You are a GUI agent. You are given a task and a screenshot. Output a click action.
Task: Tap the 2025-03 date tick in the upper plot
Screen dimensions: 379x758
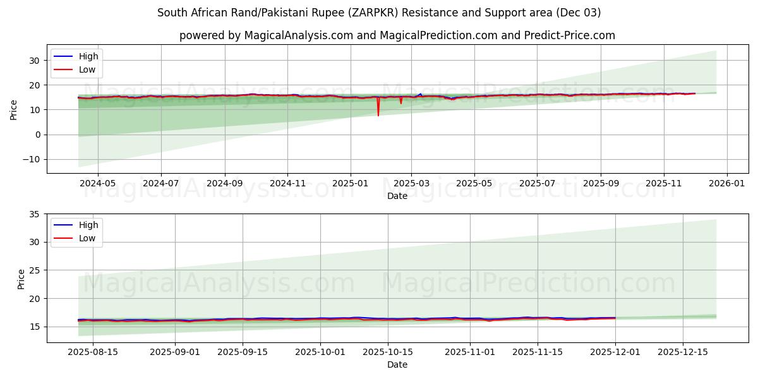pos(411,183)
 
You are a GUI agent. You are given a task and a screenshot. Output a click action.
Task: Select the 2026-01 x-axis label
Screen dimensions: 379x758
pos(726,183)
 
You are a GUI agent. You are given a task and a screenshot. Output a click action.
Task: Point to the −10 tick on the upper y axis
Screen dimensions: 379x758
pos(30,159)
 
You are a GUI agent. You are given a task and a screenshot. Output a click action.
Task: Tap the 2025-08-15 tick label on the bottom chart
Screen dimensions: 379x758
pos(93,352)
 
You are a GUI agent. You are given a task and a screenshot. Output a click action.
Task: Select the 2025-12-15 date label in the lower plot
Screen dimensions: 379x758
pos(683,352)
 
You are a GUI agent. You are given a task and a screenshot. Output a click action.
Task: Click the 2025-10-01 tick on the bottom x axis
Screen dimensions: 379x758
pos(321,352)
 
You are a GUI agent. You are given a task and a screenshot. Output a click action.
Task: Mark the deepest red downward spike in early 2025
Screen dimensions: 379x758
pos(378,115)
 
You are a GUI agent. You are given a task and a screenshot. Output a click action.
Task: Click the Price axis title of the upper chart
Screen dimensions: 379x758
pos(14,109)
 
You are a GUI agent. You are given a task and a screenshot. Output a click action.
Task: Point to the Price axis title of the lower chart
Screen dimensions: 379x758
pos(21,279)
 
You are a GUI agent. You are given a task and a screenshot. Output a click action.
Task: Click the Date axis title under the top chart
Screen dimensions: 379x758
pos(397,196)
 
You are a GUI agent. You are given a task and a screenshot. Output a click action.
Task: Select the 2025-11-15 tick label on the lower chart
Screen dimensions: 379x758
pos(538,352)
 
